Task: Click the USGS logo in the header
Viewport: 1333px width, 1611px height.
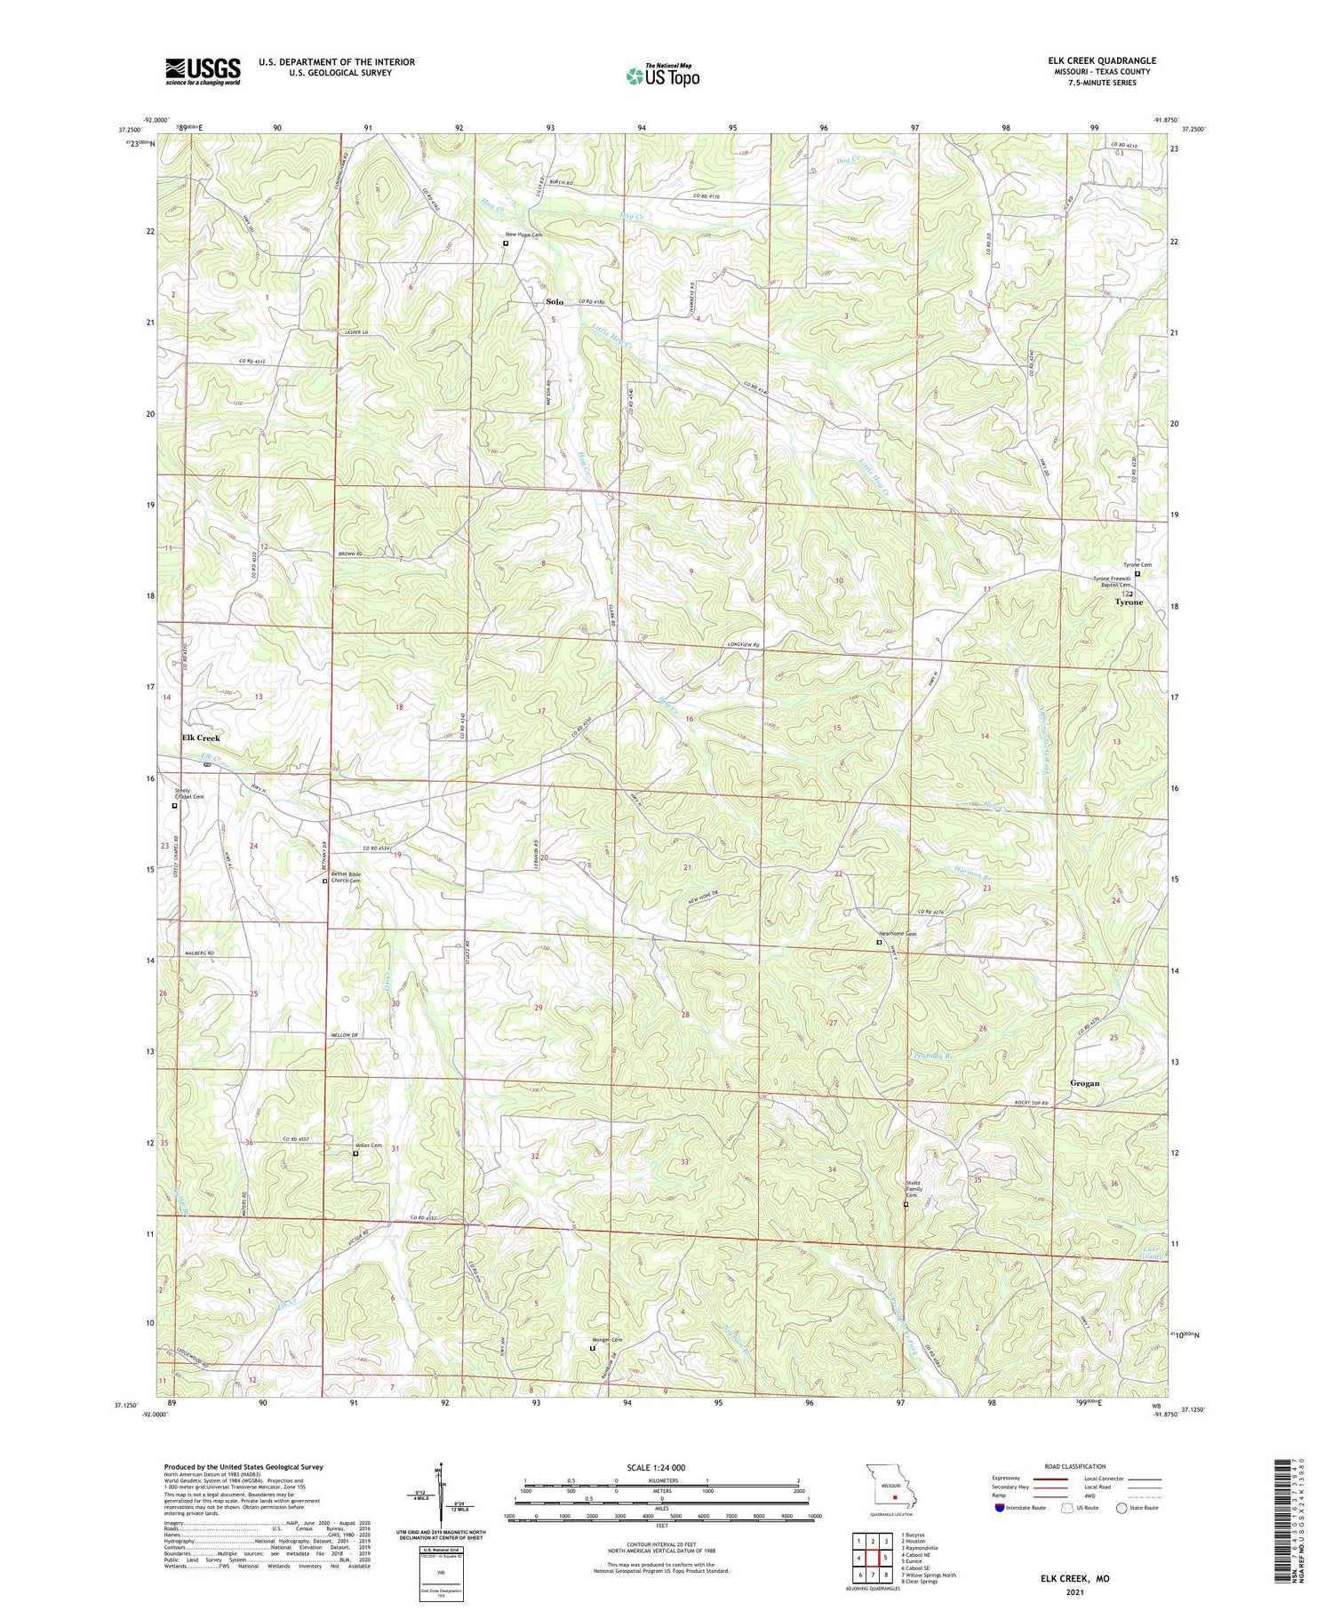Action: (203, 71)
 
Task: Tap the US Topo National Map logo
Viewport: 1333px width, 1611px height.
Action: (662, 76)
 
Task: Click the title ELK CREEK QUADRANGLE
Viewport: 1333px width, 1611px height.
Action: (1101, 60)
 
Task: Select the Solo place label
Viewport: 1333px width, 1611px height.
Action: (554, 302)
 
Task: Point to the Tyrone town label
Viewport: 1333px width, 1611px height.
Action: (1129, 602)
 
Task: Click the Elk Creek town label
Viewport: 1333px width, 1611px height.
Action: (201, 738)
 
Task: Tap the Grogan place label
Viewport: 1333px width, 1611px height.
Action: (1084, 1083)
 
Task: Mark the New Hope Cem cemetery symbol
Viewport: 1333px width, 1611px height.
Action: (506, 243)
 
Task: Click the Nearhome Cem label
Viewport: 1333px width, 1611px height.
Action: (898, 934)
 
